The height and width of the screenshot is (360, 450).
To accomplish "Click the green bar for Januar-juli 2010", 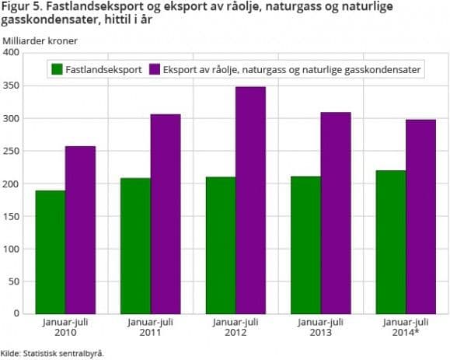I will coord(51,252).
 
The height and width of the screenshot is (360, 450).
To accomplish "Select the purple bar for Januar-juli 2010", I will coord(80,229).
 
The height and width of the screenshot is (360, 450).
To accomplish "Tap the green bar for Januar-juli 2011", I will coord(136,246).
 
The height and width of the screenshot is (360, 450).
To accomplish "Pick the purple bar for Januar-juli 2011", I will coord(166,214).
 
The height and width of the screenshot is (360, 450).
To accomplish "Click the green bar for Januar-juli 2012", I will coord(221,245).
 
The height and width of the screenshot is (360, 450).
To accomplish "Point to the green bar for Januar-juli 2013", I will coord(306,245).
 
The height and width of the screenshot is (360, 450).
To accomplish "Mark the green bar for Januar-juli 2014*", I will coord(391,242).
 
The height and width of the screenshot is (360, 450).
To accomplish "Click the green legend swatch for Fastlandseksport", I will coord(58,70).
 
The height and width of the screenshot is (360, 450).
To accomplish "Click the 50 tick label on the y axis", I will coord(13,281).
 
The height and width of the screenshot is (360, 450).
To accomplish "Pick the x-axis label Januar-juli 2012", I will coord(235,327).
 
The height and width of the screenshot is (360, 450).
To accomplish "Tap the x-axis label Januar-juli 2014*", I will coord(406,327).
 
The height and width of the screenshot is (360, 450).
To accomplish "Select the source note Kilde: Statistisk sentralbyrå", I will coord(52,352).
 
